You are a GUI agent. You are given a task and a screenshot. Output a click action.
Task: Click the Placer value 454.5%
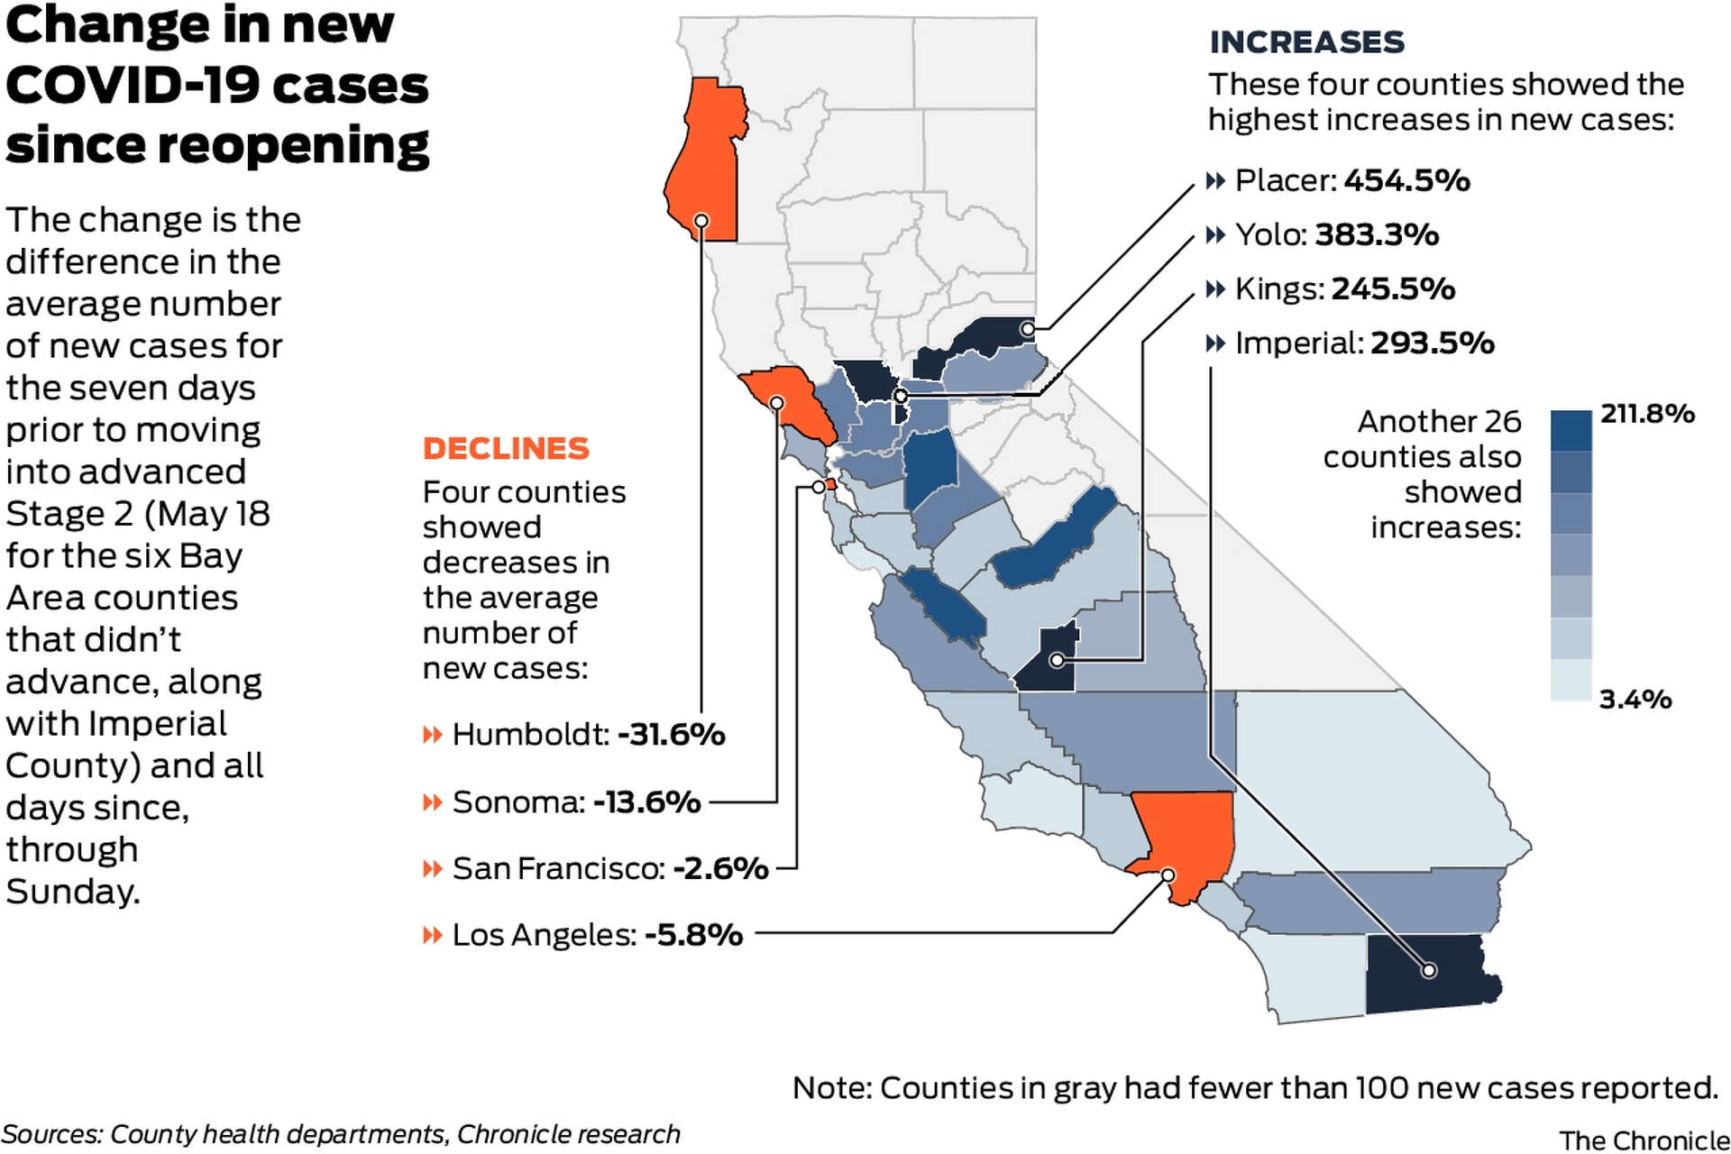coord(1406,180)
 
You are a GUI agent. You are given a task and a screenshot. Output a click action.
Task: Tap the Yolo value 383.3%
coord(1377,234)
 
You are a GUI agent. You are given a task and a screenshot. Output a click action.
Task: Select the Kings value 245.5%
coord(1393,288)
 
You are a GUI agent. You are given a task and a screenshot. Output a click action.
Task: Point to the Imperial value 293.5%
coord(1432,343)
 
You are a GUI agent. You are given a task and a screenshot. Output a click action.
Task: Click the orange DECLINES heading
coord(506,448)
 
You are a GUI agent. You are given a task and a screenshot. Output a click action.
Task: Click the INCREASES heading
coord(1306,42)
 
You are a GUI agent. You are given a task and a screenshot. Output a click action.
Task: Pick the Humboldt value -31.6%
coord(671,734)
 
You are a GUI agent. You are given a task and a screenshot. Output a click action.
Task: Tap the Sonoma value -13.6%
coord(646,801)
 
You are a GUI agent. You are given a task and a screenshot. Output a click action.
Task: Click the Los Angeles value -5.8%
coord(693,935)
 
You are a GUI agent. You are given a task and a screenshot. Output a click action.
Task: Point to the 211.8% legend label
coord(1647,414)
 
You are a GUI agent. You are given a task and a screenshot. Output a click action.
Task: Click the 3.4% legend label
coord(1635,699)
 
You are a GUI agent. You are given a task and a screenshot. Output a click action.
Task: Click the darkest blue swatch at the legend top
coord(1571,430)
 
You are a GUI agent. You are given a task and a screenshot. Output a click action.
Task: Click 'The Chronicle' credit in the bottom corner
coord(1644,1140)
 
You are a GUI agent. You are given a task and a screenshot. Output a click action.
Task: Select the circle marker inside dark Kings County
coord(1057,661)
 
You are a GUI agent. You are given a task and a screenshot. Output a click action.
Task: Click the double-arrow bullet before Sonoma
coord(433,801)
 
